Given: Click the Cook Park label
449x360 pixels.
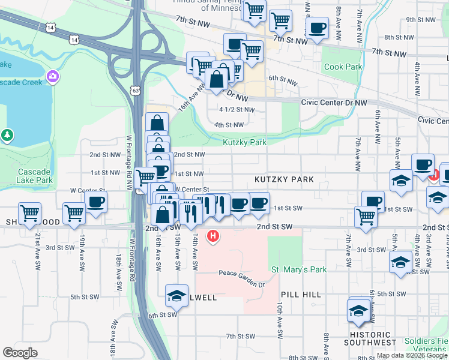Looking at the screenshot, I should [x=343, y=67].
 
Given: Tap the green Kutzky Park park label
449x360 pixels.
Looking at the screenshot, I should [x=244, y=143].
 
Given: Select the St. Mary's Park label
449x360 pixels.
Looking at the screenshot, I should [x=298, y=270].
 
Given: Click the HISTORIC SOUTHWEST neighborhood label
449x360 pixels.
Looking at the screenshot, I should [x=370, y=339].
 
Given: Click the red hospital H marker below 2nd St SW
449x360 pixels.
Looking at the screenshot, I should [x=212, y=236].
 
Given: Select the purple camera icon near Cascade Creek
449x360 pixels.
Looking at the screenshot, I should [x=53, y=76].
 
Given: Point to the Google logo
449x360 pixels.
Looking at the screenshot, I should [x=20, y=352].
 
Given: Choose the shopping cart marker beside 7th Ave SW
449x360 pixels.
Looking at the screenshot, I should [x=366, y=218].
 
